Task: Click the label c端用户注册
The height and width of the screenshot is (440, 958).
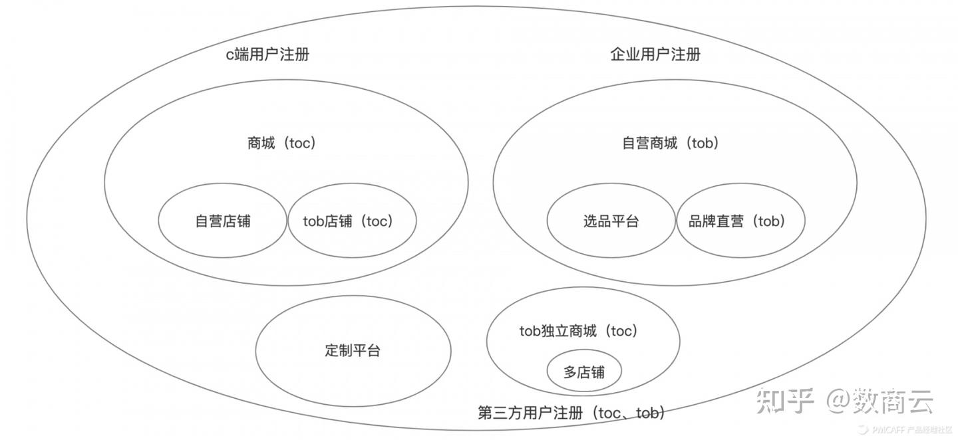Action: [267, 55]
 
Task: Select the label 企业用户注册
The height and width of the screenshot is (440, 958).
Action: [655, 55]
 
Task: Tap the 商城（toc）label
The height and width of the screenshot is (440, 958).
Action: [281, 143]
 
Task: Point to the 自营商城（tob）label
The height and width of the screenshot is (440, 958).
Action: [671, 143]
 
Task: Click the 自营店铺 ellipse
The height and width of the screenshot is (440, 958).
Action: [222, 221]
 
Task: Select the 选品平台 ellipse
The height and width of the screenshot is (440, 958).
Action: [611, 221]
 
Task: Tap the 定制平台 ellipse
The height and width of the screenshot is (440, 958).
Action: [353, 350]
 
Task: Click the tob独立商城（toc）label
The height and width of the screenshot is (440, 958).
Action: [579, 330]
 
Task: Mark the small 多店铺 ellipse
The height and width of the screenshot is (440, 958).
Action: [584, 372]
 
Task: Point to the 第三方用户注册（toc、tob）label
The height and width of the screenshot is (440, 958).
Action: [571, 413]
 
